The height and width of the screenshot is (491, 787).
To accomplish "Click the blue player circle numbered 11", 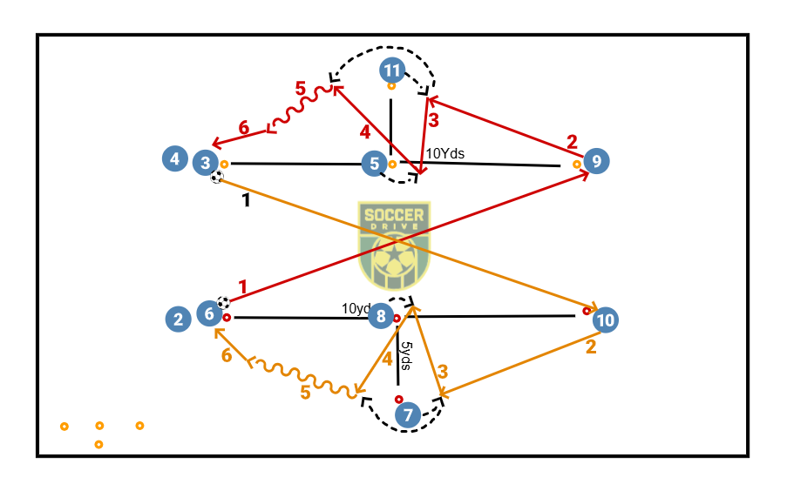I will [393, 70].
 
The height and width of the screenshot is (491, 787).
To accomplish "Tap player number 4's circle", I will [175, 159].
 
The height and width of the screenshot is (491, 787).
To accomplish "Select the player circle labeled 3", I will [206, 162].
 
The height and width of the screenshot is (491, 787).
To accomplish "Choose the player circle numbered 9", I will [596, 160].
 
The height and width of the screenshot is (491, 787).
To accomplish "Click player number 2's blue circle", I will [179, 319].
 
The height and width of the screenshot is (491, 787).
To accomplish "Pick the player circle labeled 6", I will [209, 313].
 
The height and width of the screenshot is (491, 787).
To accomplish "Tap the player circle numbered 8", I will [380, 316].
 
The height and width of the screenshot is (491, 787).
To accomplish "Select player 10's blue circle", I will [606, 320].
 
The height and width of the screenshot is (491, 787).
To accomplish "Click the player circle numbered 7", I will [407, 415].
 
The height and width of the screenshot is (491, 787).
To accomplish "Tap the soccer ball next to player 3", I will [216, 177].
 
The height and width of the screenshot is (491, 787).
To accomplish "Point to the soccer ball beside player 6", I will [224, 303].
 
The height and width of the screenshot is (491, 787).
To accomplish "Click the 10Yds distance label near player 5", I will [444, 154].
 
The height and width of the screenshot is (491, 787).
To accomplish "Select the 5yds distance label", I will [406, 355].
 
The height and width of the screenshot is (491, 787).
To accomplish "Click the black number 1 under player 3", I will [246, 199].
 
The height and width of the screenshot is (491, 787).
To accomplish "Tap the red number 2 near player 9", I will [572, 140].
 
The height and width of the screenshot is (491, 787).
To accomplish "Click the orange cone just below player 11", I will [391, 86].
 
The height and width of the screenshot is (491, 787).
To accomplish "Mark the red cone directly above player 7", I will [398, 400].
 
